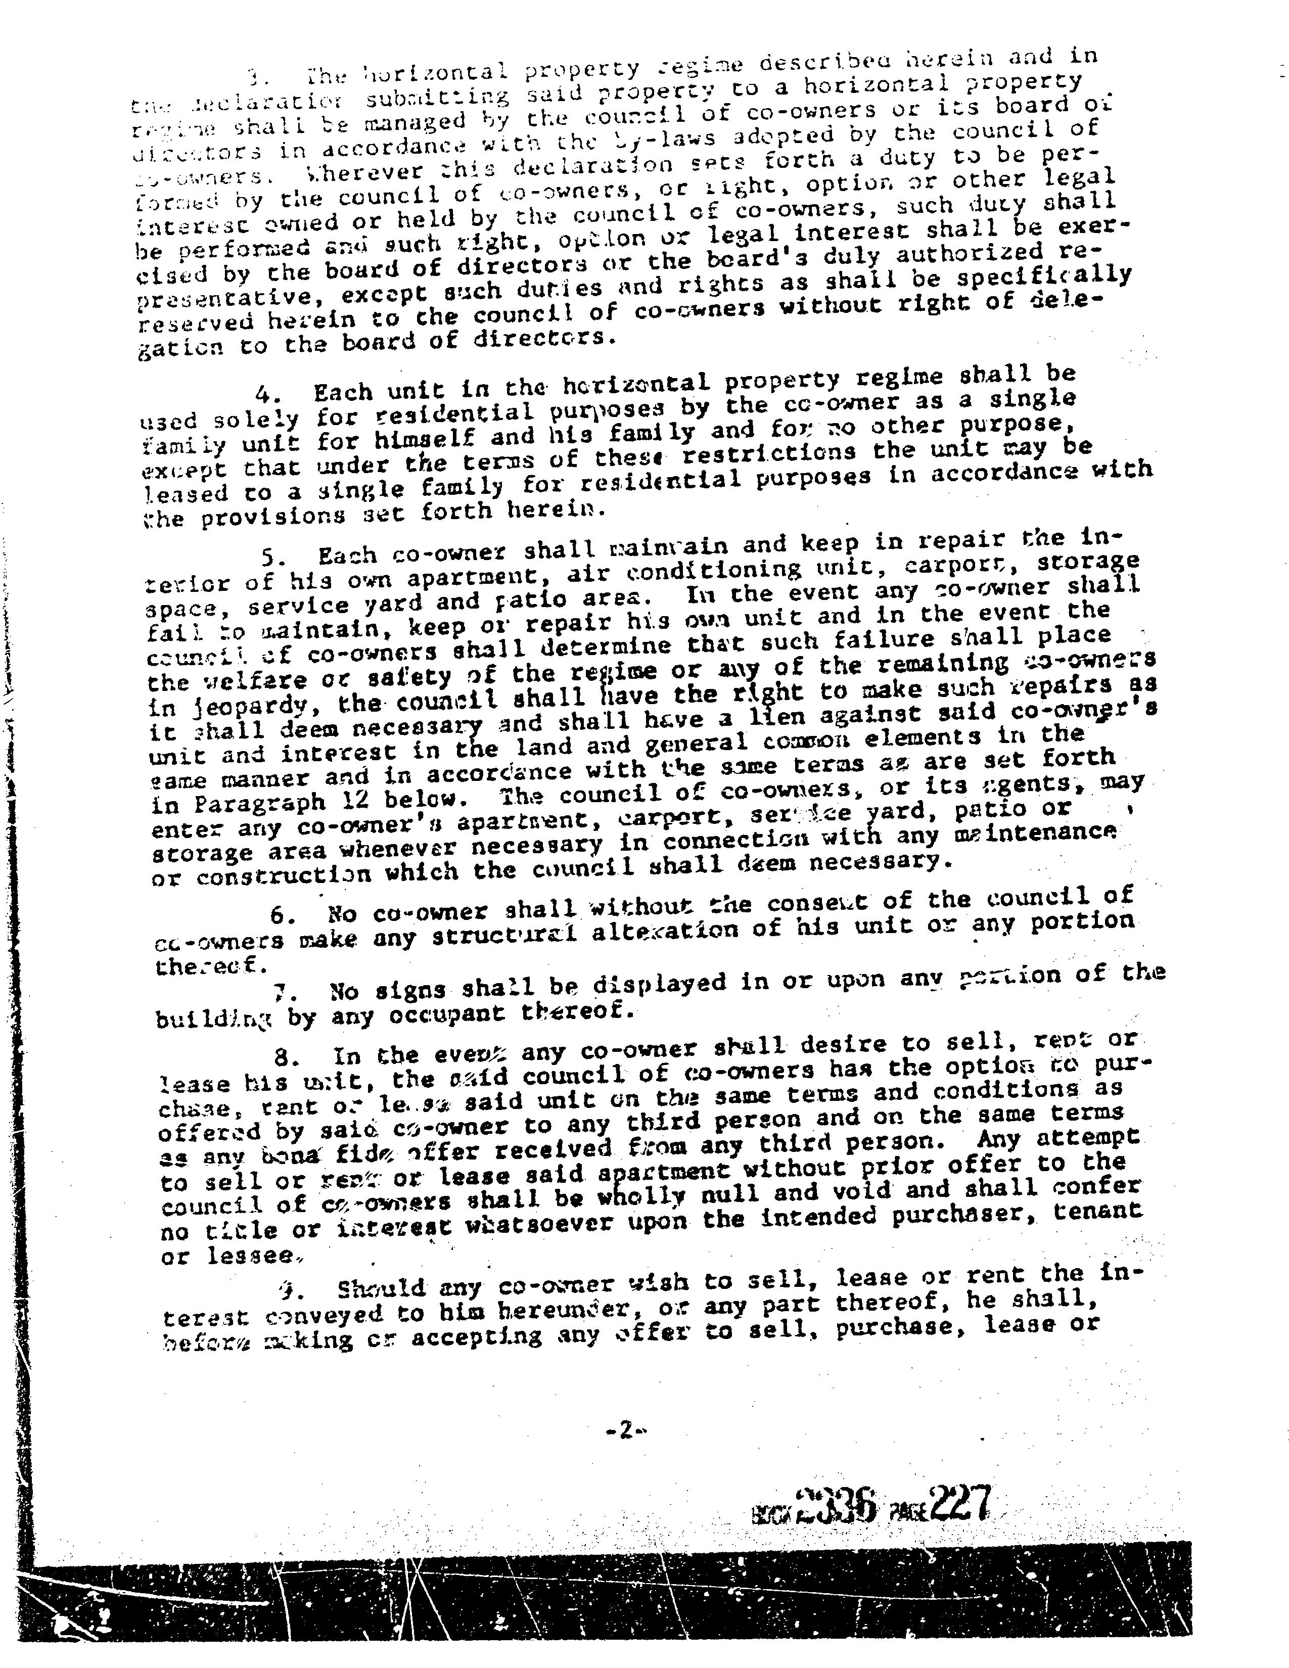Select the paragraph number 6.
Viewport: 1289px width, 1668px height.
coord(282,915)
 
